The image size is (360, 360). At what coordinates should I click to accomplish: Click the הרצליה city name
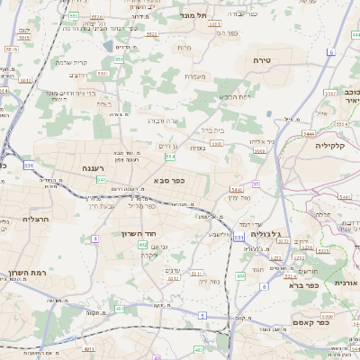pyautogui.click(x=18, y=218)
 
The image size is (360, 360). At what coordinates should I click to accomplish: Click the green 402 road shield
pyautogui.click(x=143, y=244)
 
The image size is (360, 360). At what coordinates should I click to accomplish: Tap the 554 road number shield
pyautogui.click(x=170, y=157)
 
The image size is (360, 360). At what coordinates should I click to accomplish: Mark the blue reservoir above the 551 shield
pyautogui.click(x=108, y=46)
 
